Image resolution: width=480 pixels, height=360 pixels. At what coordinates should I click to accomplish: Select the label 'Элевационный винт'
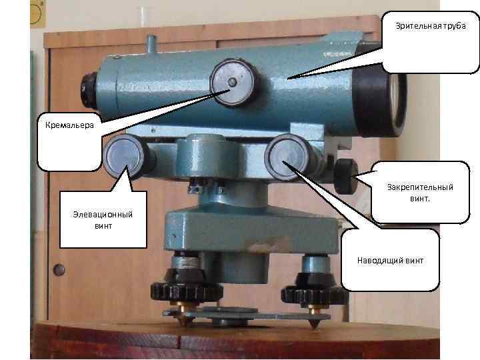[x=103, y=219]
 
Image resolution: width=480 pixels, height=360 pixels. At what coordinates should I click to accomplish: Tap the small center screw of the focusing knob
[x=230, y=82]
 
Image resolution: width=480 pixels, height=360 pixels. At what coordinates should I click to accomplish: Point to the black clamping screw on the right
[x=346, y=175]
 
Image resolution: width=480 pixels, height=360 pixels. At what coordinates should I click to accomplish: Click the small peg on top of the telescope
[x=151, y=44]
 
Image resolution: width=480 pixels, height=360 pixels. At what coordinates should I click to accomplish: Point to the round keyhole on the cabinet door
[x=59, y=270]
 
